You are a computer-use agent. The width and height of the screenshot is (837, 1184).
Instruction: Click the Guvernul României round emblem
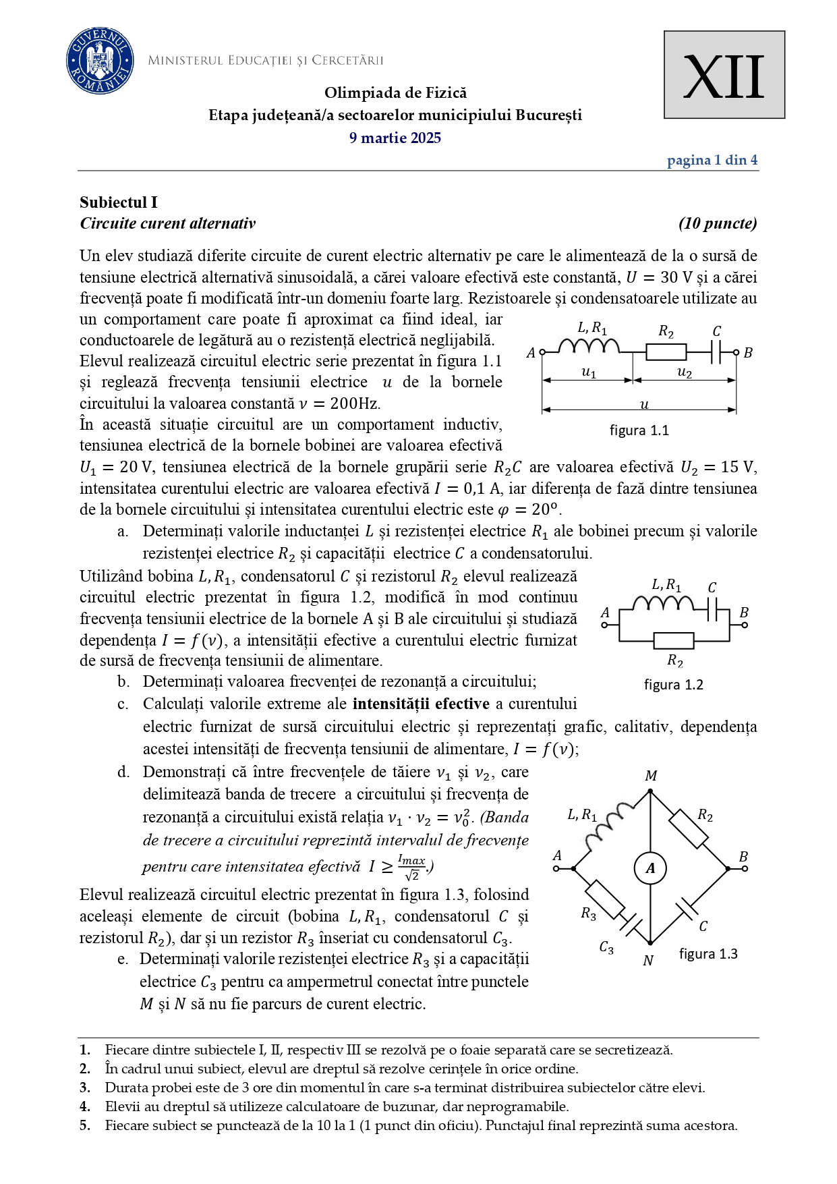pyautogui.click(x=100, y=61)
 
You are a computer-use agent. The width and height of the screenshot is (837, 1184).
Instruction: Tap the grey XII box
pyautogui.click(x=724, y=75)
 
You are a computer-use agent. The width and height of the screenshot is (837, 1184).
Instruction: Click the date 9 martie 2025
pyautogui.click(x=395, y=138)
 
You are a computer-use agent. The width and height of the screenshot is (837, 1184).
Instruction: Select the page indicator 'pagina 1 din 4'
pyautogui.click(x=712, y=161)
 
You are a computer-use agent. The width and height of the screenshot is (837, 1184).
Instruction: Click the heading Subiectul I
pyautogui.click(x=119, y=202)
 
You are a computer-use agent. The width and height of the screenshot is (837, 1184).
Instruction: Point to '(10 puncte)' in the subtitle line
pyautogui.click(x=718, y=224)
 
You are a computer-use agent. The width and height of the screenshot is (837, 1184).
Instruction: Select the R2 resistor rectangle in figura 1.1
pyautogui.click(x=666, y=352)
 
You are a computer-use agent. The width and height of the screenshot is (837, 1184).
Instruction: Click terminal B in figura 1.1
pyautogui.click(x=737, y=352)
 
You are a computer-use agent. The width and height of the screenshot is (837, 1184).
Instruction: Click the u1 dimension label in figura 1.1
pyautogui.click(x=588, y=372)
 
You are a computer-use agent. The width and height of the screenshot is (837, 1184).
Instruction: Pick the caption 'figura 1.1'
pyautogui.click(x=639, y=430)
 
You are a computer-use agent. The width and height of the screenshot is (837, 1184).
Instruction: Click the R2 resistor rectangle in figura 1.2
pyautogui.click(x=673, y=640)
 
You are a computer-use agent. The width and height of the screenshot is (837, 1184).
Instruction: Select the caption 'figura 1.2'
pyautogui.click(x=673, y=685)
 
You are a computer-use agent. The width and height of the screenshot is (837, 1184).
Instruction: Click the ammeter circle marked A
pyautogui.click(x=650, y=868)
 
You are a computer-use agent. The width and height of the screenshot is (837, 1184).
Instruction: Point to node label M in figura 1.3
pyautogui.click(x=650, y=776)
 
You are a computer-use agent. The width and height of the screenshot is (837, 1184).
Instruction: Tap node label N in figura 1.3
pyautogui.click(x=648, y=961)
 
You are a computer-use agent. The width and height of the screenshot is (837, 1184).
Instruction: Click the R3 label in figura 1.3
pyautogui.click(x=588, y=914)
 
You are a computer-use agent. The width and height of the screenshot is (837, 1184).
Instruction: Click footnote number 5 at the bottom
pyautogui.click(x=84, y=1125)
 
